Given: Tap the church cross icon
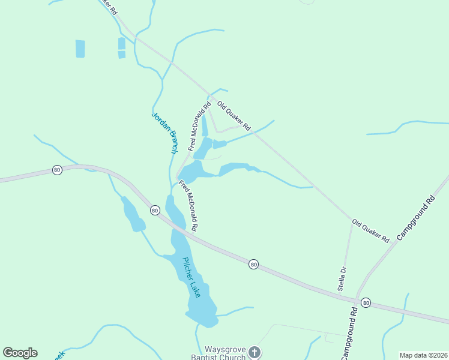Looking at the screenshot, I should pyautogui.click(x=255, y=352).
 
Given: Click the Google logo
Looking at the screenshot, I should pyautogui.click(x=20, y=353).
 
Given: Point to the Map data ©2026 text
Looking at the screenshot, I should pyautogui.click(x=424, y=355).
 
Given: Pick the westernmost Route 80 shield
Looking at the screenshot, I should pyautogui.click(x=57, y=170).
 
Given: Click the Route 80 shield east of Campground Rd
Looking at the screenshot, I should pyautogui.click(x=366, y=303).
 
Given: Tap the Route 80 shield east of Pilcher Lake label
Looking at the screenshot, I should pyautogui.click(x=254, y=264).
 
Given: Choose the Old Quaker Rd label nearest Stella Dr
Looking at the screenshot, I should pyautogui.click(x=370, y=230).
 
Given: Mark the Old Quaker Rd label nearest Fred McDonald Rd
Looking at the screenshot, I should pyautogui.click(x=234, y=116).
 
